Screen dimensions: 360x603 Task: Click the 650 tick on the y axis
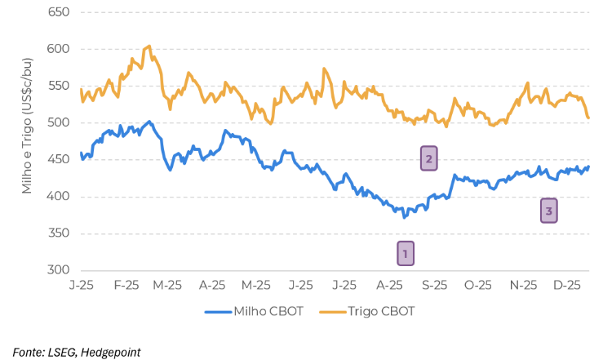coord(58,13)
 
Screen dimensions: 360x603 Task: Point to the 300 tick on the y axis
coord(58,270)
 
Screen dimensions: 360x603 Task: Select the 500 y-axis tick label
coord(58,123)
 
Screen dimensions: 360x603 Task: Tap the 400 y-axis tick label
coord(58,197)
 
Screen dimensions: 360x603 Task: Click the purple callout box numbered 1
coord(406,254)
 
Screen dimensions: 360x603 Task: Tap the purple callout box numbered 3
coord(549,211)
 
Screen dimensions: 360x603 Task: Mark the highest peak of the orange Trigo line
coord(149,46)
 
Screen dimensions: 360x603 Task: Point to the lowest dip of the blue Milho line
coord(405,217)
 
